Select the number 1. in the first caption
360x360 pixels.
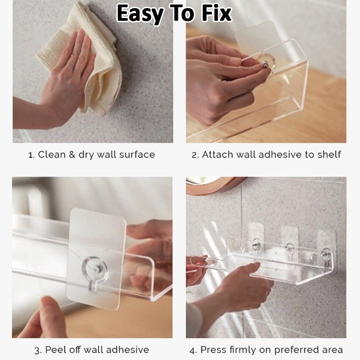point(32,155)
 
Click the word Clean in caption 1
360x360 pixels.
point(51,154)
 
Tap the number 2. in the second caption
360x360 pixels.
point(195,155)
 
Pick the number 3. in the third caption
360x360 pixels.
point(38,350)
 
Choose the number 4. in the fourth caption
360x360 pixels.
point(193,350)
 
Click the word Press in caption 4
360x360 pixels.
point(213,350)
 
